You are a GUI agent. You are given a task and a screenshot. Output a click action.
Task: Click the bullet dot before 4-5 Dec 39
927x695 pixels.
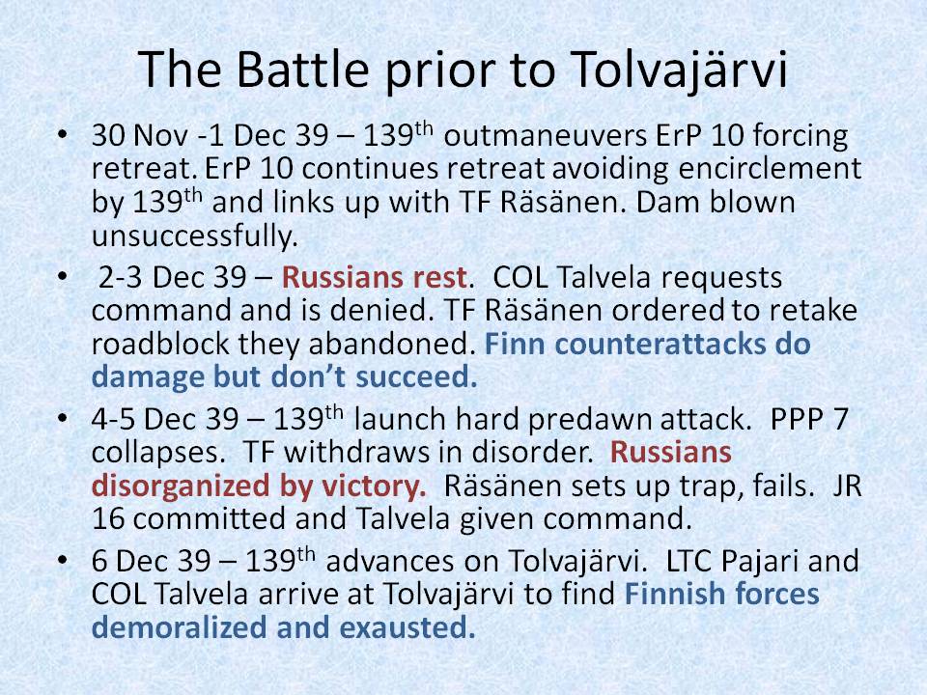[x=65, y=422]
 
